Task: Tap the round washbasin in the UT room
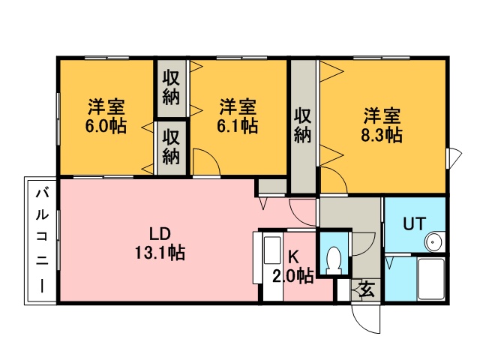tap(435, 241)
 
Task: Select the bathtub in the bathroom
tap(431, 278)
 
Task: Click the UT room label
tap(414, 223)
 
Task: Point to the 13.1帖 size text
tap(160, 253)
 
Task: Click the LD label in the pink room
tap(160, 234)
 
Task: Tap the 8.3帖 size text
tap(382, 135)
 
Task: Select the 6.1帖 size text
tap(237, 125)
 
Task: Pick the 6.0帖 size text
tap(106, 125)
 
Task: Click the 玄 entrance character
tap(366, 289)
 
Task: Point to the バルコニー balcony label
tap(42, 241)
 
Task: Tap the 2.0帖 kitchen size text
tap(292, 277)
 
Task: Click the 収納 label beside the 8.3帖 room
tap(303, 125)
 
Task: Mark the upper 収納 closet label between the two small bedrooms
tap(171, 87)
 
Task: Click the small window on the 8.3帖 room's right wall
tap(448, 157)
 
